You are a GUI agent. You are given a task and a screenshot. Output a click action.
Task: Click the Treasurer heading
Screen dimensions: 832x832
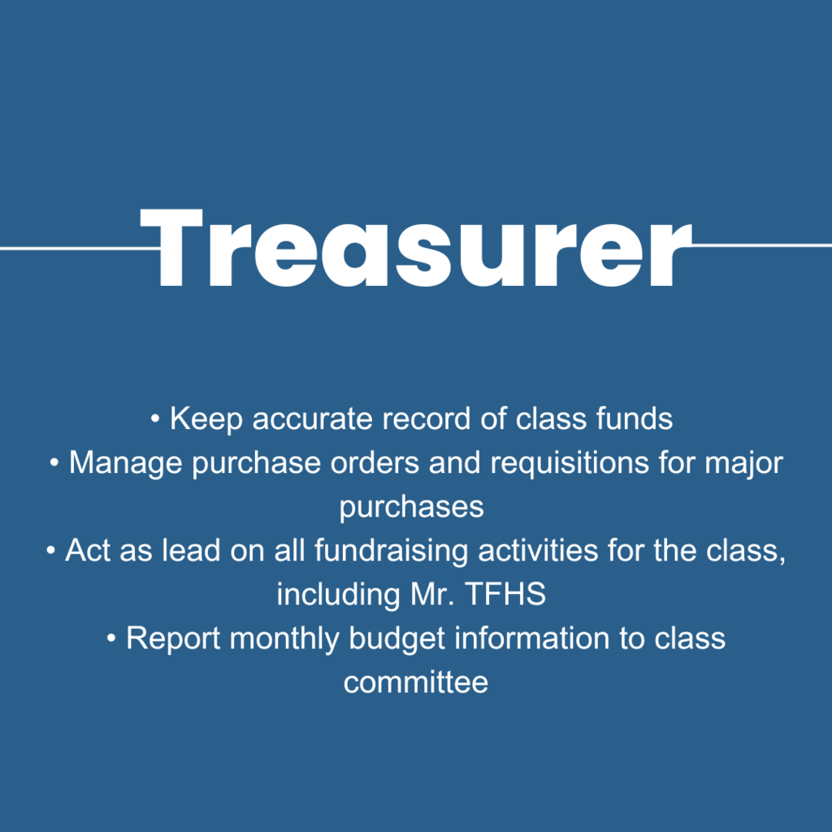415,247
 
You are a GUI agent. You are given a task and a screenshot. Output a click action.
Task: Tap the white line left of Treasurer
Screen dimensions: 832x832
73,248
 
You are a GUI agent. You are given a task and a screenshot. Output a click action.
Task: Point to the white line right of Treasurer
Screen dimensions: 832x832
760,245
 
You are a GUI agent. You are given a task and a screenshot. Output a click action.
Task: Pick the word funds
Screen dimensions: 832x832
634,419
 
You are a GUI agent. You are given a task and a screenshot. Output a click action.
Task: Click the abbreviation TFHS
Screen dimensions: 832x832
505,595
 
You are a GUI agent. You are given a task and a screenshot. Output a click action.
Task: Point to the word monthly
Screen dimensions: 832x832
285,639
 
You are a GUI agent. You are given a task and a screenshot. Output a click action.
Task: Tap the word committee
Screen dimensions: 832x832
415,682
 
